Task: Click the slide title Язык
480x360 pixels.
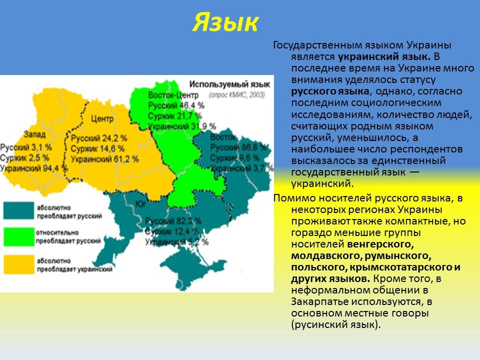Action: [225, 22]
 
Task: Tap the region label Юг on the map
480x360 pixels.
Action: [140, 203]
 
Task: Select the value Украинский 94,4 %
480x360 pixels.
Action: [33, 168]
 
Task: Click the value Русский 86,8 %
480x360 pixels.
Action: [238, 147]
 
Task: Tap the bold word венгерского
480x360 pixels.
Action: [380, 244]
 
